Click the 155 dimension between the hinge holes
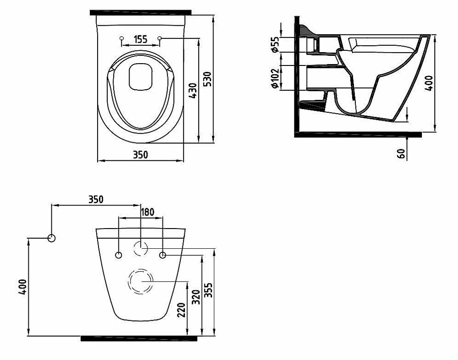(x=141, y=39)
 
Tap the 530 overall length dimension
(x=207, y=79)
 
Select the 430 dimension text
(x=193, y=91)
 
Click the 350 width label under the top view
(x=141, y=154)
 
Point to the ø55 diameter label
(x=275, y=44)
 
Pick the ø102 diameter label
(x=275, y=78)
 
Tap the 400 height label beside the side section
(x=429, y=83)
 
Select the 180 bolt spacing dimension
(x=147, y=212)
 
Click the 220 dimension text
(x=181, y=311)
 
